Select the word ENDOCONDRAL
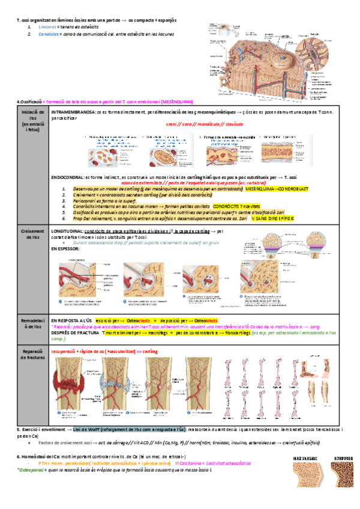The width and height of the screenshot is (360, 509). coord(67,178)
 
